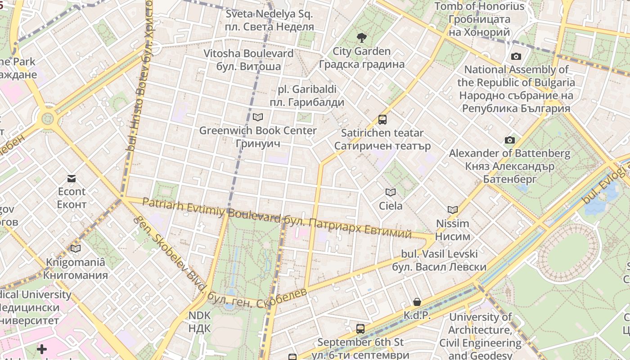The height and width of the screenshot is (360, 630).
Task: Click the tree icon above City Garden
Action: tap(361, 37)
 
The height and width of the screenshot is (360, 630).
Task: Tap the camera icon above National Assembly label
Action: tap(516, 56)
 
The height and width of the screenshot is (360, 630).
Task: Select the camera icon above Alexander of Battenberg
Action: tap(509, 140)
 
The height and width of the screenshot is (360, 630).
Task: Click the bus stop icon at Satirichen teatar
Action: tap(382, 120)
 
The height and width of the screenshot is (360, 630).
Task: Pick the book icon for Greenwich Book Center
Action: tap(257, 117)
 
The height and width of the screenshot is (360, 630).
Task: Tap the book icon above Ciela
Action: tap(391, 193)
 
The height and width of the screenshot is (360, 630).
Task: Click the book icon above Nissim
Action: tap(452, 210)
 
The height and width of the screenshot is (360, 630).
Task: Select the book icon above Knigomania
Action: tap(76, 248)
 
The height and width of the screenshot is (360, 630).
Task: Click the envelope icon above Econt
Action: tap(72, 179)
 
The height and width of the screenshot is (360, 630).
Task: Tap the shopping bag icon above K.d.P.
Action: tap(417, 302)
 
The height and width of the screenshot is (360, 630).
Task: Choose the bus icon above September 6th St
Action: tap(360, 329)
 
